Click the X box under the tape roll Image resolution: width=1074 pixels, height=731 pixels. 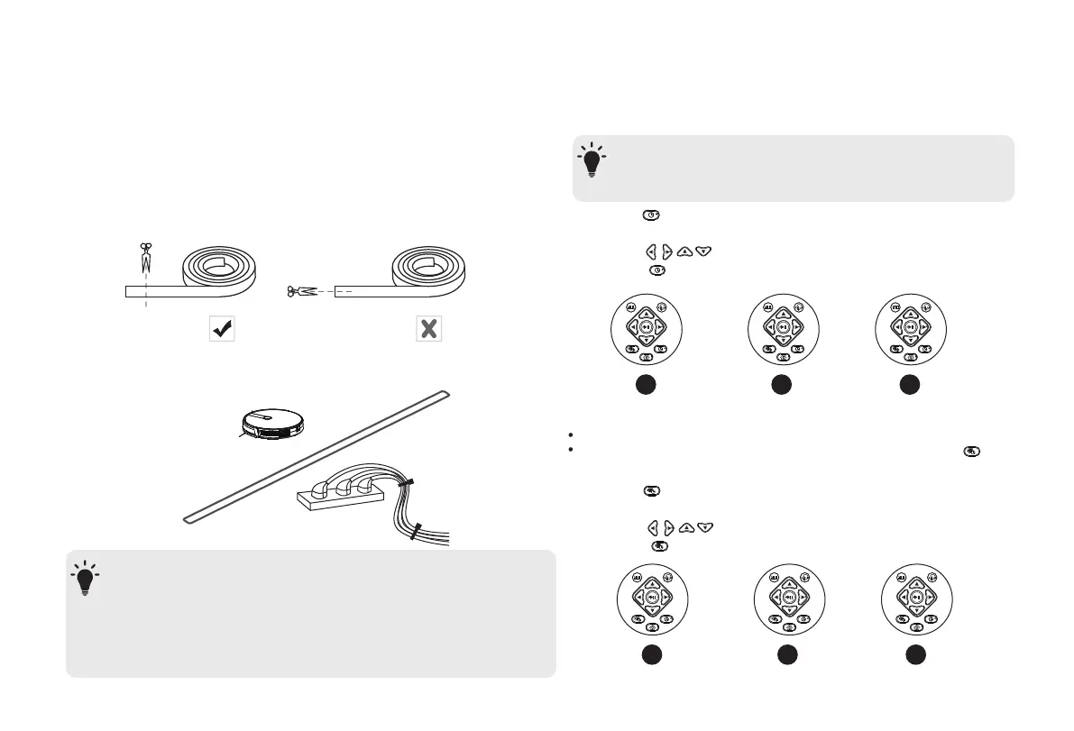[428, 329]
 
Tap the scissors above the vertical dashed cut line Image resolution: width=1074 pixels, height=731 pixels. [144, 259]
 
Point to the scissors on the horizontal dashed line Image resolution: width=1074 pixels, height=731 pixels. [300, 291]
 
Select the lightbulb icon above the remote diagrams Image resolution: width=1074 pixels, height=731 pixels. [592, 161]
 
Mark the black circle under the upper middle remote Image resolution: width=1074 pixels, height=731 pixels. [781, 384]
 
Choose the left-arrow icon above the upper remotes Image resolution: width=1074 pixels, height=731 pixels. [651, 252]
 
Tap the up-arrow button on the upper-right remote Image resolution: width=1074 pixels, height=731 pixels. [911, 312]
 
